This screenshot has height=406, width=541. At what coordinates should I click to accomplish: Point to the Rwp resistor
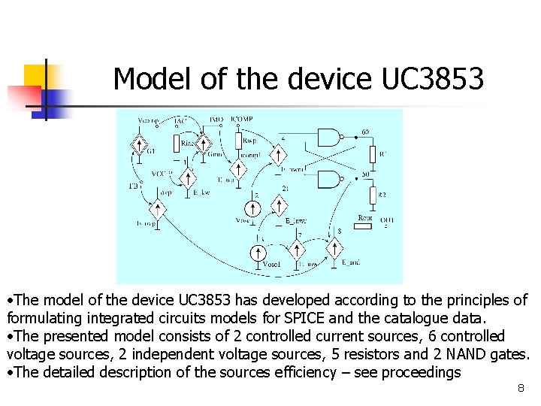click(239, 141)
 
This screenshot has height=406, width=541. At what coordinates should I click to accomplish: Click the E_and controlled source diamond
click(334, 248)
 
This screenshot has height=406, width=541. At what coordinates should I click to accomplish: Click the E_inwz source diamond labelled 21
click(280, 205)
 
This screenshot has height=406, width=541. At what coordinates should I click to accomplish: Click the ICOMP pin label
click(241, 119)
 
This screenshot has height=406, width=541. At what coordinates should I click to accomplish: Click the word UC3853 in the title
click(433, 79)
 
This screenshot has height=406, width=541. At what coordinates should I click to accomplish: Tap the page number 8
click(520, 389)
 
